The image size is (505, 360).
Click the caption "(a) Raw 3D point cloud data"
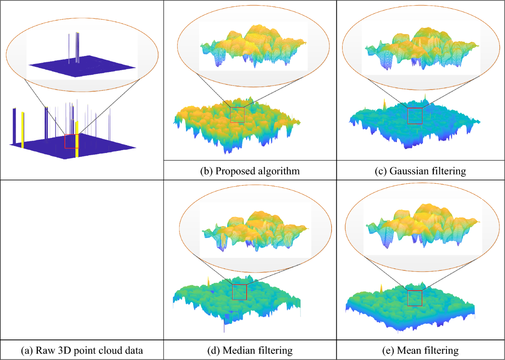click(82, 350)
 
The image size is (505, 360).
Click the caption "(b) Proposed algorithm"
click(250, 171)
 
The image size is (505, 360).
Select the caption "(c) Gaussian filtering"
click(420, 171)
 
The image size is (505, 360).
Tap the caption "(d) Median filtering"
click(250, 350)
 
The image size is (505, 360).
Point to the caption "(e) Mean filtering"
click(421, 350)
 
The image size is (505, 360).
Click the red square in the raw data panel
click(72, 142)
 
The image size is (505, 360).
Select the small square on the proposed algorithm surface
click(237, 115)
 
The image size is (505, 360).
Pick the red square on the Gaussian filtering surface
click(415, 116)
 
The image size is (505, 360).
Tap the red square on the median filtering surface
click(239, 292)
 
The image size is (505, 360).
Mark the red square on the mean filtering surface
click(415, 298)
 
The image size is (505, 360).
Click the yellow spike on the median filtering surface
click(207, 281)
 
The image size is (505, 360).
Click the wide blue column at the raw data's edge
click(14, 125)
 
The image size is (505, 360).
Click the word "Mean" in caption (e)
click(407, 350)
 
